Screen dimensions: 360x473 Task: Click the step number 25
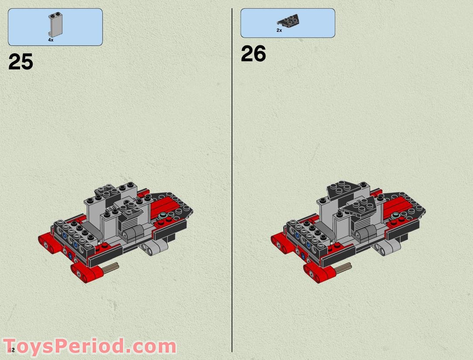(20, 62)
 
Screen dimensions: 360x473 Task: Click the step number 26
(253, 55)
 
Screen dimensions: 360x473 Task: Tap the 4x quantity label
(51, 40)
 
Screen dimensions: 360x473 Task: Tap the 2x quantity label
(279, 31)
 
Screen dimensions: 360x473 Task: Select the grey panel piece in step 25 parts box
(54, 25)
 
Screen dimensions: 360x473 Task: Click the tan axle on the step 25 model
(111, 267)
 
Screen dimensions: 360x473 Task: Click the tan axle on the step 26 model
(343, 267)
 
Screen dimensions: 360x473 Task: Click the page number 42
(11, 350)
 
